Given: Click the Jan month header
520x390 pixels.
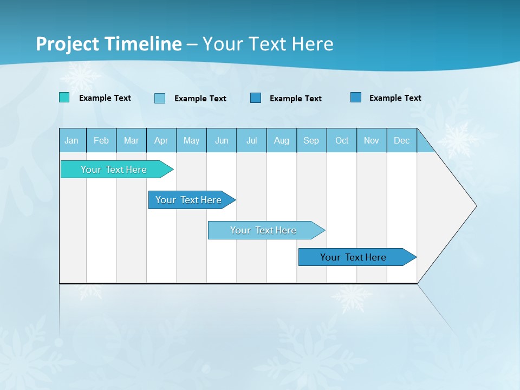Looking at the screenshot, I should (x=72, y=140).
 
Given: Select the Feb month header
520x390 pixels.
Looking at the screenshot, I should (x=101, y=140).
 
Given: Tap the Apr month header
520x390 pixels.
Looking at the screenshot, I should (x=161, y=140).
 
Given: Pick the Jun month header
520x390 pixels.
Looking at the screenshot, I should (x=222, y=140).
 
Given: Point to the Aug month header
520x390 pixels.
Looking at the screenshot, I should (x=282, y=140).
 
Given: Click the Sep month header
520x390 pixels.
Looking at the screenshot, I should (x=311, y=140).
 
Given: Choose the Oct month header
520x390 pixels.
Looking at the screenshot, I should (x=342, y=140).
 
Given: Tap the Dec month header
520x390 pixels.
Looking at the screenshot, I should (x=402, y=140).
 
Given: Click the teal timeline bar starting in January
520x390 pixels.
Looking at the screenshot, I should (x=114, y=170).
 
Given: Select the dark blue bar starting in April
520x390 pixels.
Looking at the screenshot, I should (x=188, y=200).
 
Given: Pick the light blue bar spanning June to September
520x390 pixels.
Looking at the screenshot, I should (x=263, y=230).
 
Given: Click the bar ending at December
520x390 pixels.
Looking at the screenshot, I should (x=353, y=257).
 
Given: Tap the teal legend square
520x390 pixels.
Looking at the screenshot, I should (x=64, y=97).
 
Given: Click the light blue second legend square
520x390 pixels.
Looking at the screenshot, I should (x=160, y=98).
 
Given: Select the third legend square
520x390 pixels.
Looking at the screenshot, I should (x=256, y=97).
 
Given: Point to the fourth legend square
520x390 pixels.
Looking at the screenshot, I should (x=356, y=97).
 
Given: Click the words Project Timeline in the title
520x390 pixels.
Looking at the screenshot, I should (x=108, y=44).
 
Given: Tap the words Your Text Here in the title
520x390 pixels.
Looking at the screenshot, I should (x=268, y=44).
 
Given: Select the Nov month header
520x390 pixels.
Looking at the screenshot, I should (x=372, y=140).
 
